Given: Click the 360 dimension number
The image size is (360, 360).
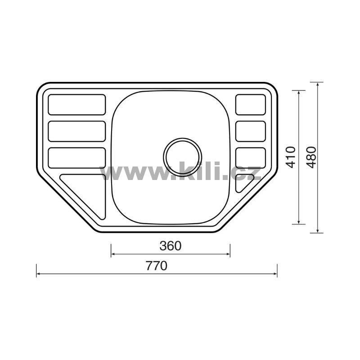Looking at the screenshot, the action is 171,246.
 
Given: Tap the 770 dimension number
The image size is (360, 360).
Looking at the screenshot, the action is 157,266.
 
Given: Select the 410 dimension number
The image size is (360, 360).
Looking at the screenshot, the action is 290,157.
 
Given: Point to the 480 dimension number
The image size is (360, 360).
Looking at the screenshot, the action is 311,157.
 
